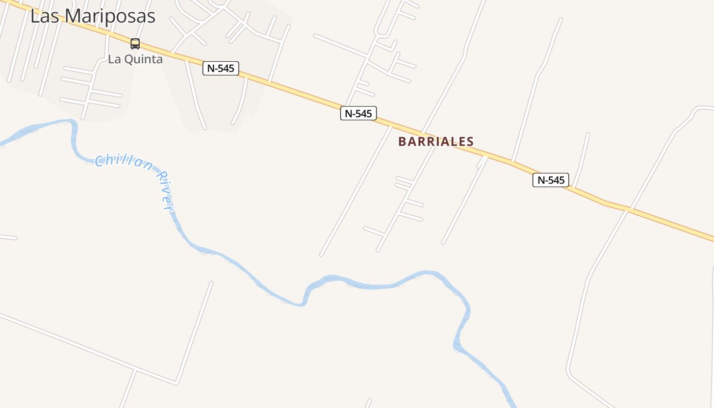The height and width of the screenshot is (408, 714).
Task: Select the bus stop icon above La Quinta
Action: click(135, 43)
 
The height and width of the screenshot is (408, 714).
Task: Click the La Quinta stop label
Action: click(135, 59)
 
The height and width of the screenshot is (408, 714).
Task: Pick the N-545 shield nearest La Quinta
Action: click(221, 68)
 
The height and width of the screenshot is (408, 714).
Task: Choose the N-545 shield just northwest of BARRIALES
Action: click(358, 113)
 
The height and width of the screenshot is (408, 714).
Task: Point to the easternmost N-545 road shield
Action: click(550, 180)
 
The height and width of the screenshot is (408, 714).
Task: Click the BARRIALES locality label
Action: click(436, 141)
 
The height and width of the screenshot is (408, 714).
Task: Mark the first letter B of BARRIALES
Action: click(402, 141)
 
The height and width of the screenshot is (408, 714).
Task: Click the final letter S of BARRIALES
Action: click(470, 141)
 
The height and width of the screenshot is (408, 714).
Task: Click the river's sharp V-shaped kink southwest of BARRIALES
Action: click(303, 303)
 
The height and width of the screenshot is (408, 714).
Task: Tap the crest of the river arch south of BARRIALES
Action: click(426, 273)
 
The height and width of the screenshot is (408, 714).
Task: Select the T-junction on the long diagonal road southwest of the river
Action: click(135, 368)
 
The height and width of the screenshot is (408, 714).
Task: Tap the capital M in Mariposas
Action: click(73, 16)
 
